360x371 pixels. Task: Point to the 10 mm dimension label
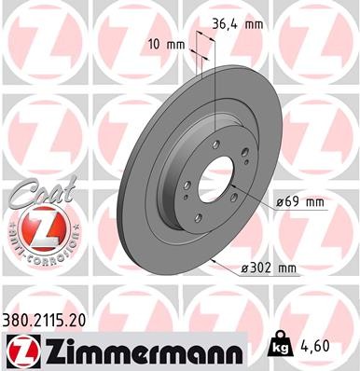164,43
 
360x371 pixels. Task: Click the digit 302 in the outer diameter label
257,268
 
